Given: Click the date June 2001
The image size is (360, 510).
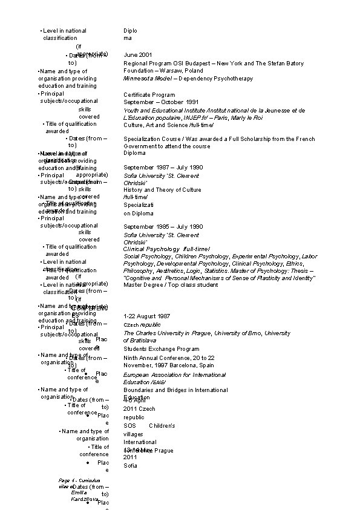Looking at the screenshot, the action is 138,55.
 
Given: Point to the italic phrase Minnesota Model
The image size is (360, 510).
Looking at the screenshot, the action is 145,79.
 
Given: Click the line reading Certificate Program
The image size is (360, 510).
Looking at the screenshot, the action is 149,95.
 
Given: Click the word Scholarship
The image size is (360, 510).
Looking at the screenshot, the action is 264,139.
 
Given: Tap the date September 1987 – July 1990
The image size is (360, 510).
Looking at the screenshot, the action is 159,168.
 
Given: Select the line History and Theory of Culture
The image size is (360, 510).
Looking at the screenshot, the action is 162,190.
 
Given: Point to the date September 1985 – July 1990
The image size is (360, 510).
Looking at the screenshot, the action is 159,227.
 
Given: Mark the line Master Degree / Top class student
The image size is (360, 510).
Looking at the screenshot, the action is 170,285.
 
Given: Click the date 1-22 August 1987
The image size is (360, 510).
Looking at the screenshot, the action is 146,316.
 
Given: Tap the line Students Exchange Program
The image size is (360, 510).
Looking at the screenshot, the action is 161,349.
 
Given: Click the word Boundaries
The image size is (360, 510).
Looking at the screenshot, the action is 139,390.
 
